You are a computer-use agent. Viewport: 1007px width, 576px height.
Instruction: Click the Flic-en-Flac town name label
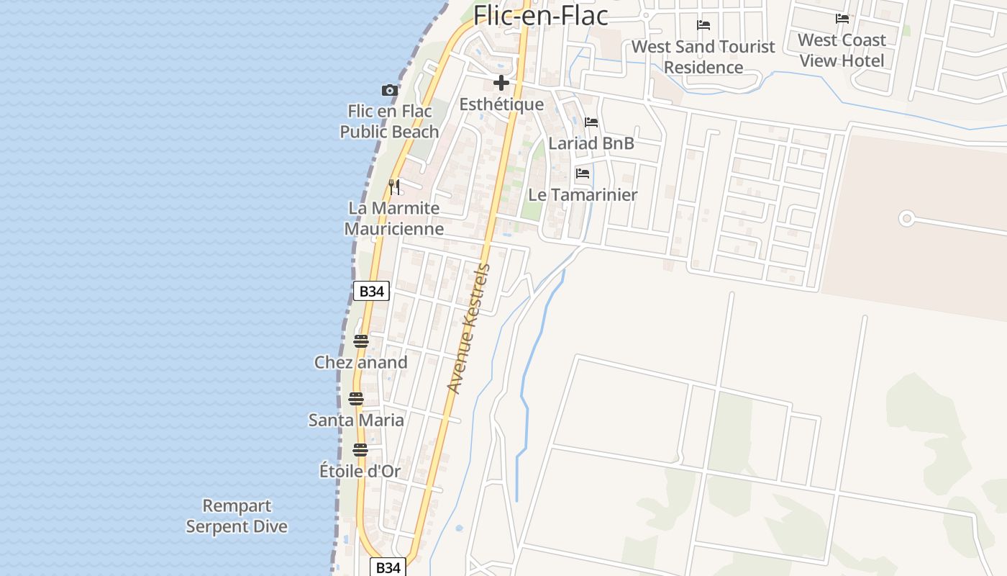pyautogui.click(x=541, y=14)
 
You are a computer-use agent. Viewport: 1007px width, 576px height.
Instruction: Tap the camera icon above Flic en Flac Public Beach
pyautogui.click(x=389, y=90)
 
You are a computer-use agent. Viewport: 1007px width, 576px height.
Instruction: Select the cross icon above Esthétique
pyautogui.click(x=501, y=83)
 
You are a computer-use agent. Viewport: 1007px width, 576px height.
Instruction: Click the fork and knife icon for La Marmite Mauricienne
pyautogui.click(x=393, y=187)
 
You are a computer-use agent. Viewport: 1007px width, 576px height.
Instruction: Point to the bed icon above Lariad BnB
pyautogui.click(x=591, y=122)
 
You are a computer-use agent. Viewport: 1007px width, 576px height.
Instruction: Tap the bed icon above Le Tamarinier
pyautogui.click(x=583, y=174)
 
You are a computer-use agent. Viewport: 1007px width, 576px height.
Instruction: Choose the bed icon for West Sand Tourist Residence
pyautogui.click(x=703, y=25)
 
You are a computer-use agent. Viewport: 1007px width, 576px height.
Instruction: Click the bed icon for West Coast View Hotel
pyautogui.click(x=842, y=19)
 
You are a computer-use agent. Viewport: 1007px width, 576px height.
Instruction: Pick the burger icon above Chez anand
pyautogui.click(x=361, y=341)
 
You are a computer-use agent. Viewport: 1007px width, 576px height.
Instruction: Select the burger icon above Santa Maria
pyautogui.click(x=356, y=399)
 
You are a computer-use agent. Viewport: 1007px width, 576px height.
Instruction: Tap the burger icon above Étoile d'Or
pyautogui.click(x=360, y=450)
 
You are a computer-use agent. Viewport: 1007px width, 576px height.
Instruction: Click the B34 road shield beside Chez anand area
pyautogui.click(x=371, y=291)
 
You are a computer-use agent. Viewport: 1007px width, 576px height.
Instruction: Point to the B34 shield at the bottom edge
pyautogui.click(x=388, y=567)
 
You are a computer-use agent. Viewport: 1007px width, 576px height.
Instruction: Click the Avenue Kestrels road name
pyautogui.click(x=468, y=328)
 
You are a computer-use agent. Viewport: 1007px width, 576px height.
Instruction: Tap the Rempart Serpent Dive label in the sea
pyautogui.click(x=237, y=516)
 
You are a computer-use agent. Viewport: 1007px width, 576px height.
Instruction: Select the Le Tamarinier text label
pyautogui.click(x=583, y=195)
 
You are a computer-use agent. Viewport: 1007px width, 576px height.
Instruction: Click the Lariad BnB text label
pyautogui.click(x=591, y=143)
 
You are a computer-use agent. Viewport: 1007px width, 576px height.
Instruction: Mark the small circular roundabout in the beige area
pyautogui.click(x=906, y=218)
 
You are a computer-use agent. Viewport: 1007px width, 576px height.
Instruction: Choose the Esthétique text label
pyautogui.click(x=501, y=104)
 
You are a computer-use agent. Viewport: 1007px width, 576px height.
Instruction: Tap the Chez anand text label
pyautogui.click(x=361, y=362)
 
